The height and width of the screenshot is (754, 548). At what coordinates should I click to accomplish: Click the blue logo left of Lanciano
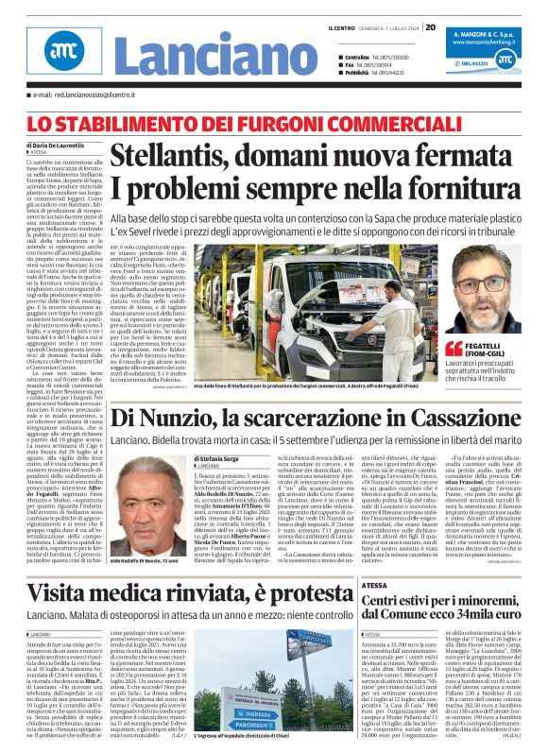60,54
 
